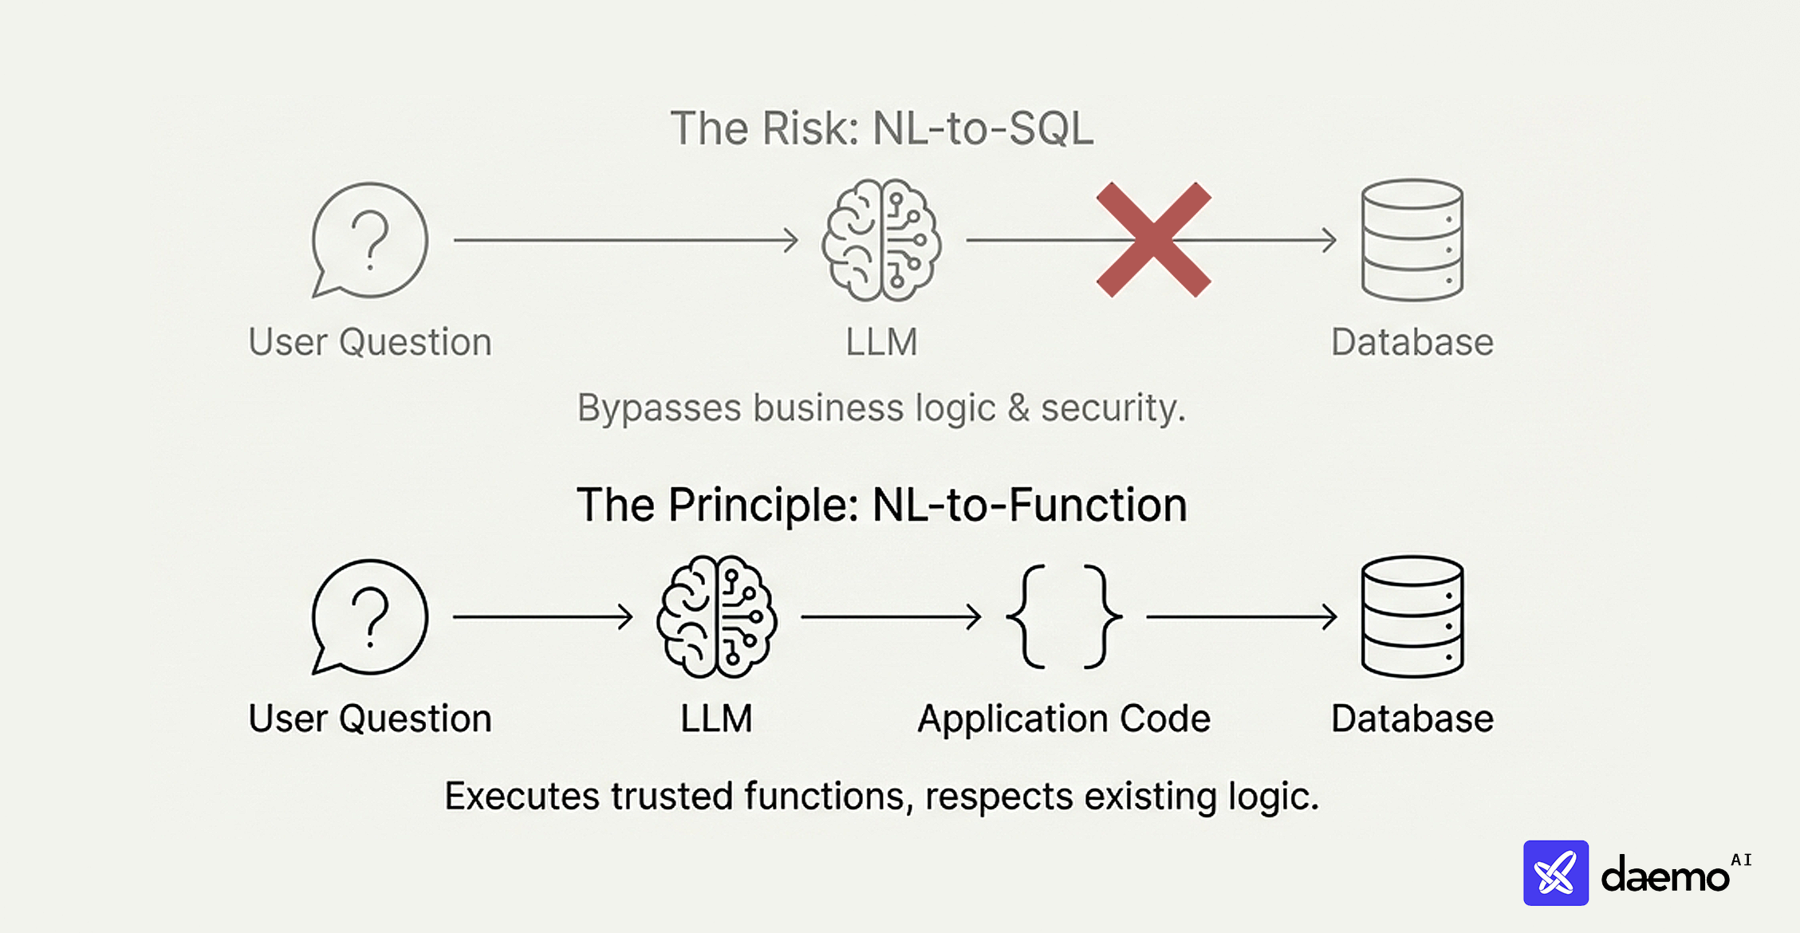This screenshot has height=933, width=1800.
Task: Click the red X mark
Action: pyautogui.click(x=1153, y=240)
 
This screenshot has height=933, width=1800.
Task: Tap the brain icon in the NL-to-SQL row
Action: pyautogui.click(x=881, y=240)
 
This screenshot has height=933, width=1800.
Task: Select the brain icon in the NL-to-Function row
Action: pyautogui.click(x=716, y=616)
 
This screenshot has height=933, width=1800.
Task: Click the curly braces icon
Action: pyautogui.click(x=1064, y=616)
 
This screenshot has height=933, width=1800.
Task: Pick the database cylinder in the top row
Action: pyautogui.click(x=1412, y=240)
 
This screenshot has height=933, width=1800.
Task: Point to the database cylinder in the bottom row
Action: pyautogui.click(x=1412, y=616)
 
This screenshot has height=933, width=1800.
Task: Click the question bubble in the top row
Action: pyautogui.click(x=369, y=240)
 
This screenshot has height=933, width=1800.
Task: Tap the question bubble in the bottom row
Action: pyautogui.click(x=369, y=616)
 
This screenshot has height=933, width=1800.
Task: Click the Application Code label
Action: pyautogui.click(x=1064, y=718)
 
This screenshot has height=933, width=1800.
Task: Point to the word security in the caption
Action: pyautogui.click(x=1113, y=408)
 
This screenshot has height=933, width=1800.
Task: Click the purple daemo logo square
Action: pyautogui.click(x=1555, y=873)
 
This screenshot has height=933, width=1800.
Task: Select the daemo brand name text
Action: pyautogui.click(x=1664, y=876)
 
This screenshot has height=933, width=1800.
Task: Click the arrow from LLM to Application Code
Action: pyautogui.click(x=891, y=616)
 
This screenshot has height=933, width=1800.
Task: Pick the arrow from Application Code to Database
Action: pyautogui.click(x=1241, y=616)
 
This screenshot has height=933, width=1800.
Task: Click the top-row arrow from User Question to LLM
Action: pyautogui.click(x=625, y=240)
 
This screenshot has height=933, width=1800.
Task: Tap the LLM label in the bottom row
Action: pyautogui.click(x=716, y=718)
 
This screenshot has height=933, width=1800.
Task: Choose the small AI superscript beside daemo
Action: pyautogui.click(x=1741, y=860)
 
